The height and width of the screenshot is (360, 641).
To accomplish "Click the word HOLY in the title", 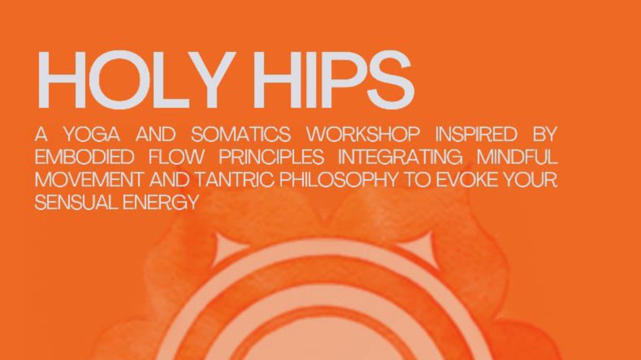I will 137,80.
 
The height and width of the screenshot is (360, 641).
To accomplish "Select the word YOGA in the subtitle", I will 92,134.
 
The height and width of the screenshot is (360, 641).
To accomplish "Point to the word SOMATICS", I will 241,134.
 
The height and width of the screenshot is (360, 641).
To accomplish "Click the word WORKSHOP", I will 363,134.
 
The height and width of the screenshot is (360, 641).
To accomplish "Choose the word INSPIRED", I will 476,134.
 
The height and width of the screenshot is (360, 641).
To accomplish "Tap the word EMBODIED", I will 85,157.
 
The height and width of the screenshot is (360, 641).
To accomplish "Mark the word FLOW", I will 177,157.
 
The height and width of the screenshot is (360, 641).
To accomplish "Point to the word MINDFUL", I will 517,157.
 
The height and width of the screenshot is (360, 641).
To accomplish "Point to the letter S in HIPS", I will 391,80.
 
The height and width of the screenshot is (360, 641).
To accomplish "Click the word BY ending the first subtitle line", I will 545,134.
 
